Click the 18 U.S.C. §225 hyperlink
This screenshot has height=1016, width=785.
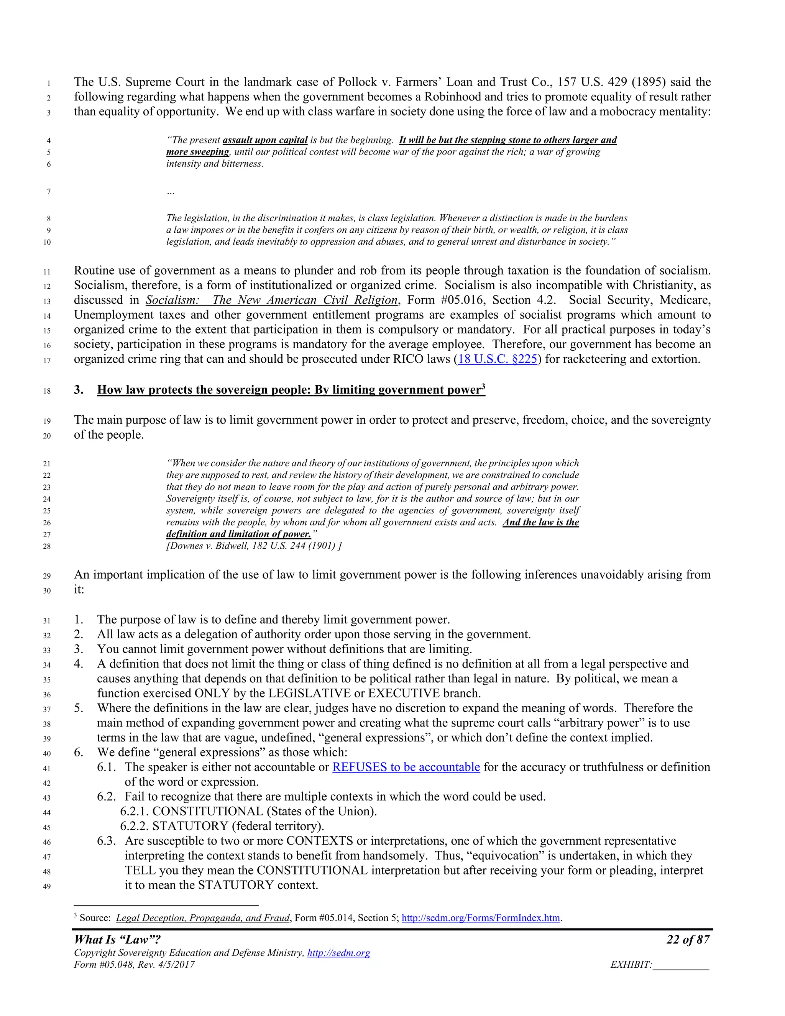pos(497,359)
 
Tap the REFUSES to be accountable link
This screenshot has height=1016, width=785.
pos(406,767)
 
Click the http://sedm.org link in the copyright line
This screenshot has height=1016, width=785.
pos(338,953)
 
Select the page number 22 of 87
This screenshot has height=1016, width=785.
pos(688,940)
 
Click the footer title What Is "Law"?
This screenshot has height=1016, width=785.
pos(117,940)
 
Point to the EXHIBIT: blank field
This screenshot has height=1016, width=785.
pos(681,965)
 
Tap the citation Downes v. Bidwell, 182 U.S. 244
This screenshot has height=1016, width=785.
pos(253,546)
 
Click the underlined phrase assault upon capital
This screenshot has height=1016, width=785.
pos(265,140)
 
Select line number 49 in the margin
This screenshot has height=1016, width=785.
pos(47,887)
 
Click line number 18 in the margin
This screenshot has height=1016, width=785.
pos(47,391)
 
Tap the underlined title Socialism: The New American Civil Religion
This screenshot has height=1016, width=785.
pos(272,300)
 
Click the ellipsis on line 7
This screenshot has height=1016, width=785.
pos(171,192)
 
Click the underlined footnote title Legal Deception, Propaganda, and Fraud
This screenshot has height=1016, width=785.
pos(203,918)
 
